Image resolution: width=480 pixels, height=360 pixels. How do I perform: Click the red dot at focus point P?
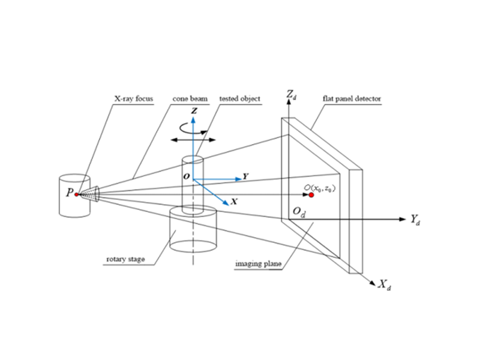coord(77,194)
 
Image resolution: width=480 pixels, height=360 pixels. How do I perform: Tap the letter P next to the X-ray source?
coord(70,193)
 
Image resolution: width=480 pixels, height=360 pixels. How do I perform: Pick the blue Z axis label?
coord(193,112)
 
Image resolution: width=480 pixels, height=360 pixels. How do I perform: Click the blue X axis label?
coord(233,202)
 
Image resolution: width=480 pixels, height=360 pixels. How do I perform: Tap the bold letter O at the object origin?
coord(186,177)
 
